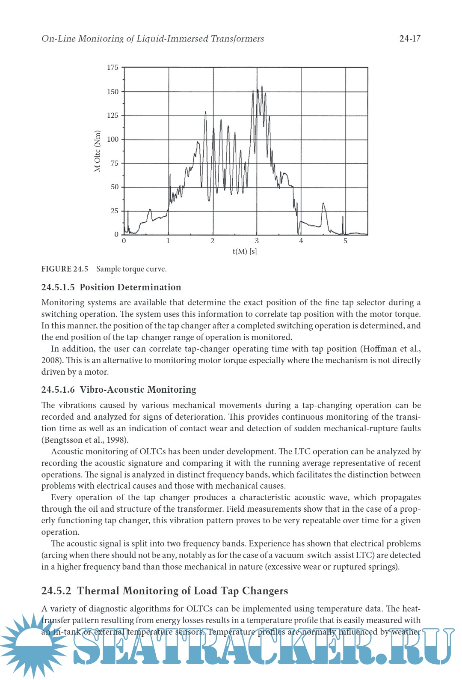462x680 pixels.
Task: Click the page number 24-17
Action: (410, 39)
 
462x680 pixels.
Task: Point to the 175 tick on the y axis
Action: (113, 68)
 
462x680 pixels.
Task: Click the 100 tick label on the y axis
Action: (113, 139)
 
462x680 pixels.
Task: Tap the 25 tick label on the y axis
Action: (114, 211)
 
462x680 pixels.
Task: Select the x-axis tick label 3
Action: (257, 241)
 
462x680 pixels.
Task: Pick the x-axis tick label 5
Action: (345, 241)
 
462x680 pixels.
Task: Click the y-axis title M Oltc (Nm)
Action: (98, 151)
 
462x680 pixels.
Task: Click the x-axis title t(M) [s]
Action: (245, 251)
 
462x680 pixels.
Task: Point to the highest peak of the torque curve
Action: (262, 87)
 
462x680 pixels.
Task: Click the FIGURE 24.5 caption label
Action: (65, 269)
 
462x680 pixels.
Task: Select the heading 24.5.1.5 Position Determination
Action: (111, 287)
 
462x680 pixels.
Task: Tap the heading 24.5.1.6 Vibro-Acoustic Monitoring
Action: (118, 390)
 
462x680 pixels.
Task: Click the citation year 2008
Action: (50, 361)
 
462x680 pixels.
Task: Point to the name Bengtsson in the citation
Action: (62, 440)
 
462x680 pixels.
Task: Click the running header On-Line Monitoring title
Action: (153, 39)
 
